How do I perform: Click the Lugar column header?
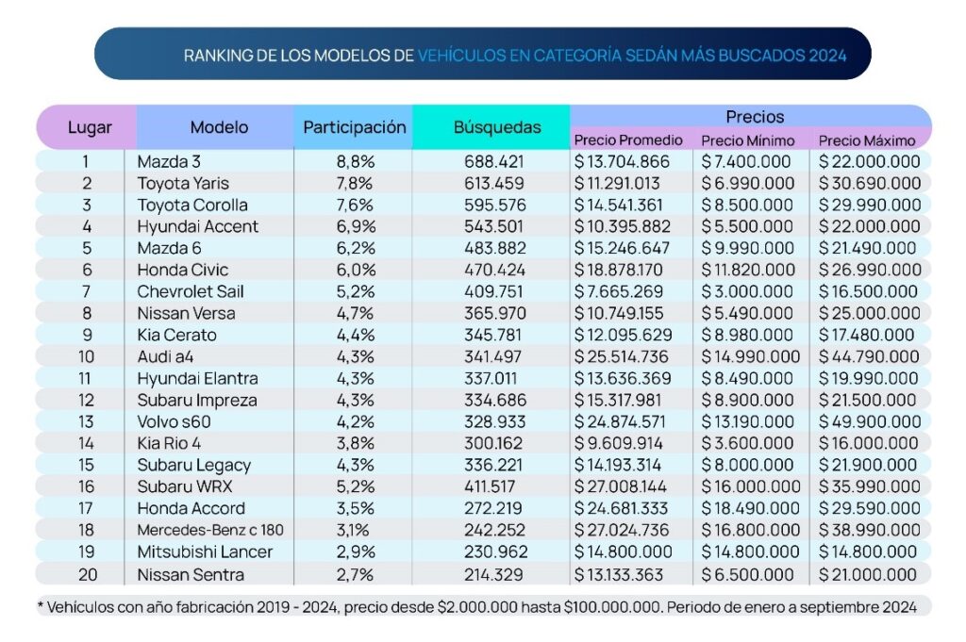(x=90, y=126)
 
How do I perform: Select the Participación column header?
(x=354, y=126)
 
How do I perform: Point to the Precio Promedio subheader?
(x=628, y=140)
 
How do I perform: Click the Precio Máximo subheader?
(x=867, y=140)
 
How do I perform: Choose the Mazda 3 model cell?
(x=169, y=161)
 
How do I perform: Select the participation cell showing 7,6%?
(x=355, y=205)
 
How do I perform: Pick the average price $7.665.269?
(x=623, y=291)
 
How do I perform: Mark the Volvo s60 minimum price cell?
(x=749, y=421)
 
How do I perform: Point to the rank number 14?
(x=87, y=443)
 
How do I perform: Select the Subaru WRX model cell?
(x=184, y=486)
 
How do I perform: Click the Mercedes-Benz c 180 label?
(x=209, y=530)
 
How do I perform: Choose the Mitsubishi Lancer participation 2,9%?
(x=355, y=551)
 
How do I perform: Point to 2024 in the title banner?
(x=827, y=55)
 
